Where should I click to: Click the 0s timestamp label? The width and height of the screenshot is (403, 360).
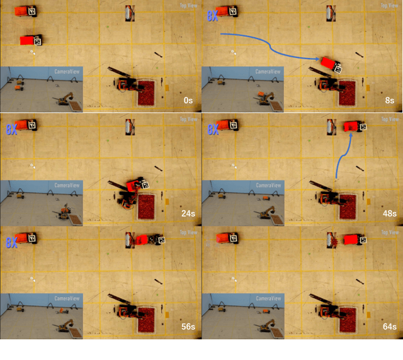[188, 100]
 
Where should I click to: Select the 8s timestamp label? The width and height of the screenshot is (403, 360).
[390, 100]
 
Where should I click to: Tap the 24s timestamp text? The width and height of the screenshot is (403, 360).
[188, 213]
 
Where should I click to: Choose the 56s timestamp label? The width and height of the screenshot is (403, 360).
[188, 327]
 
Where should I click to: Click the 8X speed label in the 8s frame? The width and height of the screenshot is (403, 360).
[212, 17]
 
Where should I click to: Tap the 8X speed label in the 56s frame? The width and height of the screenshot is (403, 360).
[11, 243]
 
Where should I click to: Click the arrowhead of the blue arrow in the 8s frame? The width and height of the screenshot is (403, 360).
[317, 59]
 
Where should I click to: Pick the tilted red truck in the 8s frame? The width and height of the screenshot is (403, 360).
[330, 64]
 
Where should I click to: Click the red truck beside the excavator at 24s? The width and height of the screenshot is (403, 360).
[135, 185]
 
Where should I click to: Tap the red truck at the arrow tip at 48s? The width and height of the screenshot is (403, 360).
[355, 128]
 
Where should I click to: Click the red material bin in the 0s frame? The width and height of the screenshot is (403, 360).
[147, 93]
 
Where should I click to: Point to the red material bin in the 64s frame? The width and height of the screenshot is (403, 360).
[348, 319]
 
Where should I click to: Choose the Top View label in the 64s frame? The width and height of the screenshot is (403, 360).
[390, 232]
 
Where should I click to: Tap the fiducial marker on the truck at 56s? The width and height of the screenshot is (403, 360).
[160, 240]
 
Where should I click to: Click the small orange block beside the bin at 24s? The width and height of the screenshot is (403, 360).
[167, 201]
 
